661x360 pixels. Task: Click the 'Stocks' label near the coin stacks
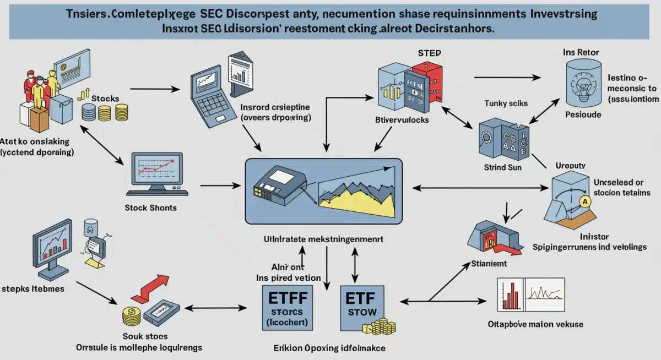point(105,98)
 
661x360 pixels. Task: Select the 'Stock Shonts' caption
point(150,208)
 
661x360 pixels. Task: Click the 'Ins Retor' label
point(581,52)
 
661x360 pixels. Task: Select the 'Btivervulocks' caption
point(402,119)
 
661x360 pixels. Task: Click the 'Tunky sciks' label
point(506,103)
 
